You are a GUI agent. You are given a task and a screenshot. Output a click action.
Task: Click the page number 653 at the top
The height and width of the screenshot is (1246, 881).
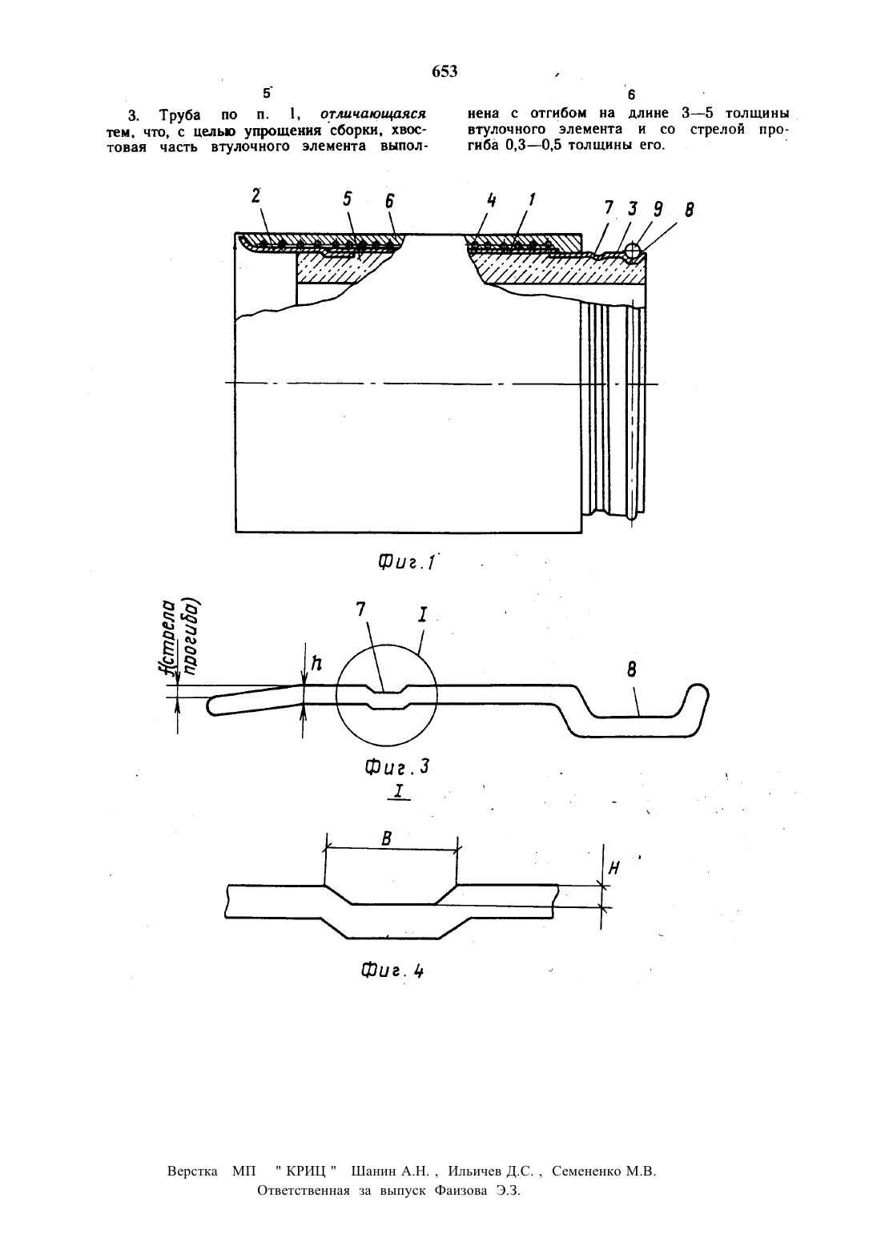tap(445, 72)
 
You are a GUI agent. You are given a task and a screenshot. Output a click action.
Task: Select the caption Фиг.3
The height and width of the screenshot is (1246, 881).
tap(397, 767)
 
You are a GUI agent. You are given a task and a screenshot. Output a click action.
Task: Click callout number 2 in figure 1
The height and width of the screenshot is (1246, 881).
tap(255, 196)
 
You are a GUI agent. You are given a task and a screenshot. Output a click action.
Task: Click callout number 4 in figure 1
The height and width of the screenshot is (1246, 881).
tap(491, 199)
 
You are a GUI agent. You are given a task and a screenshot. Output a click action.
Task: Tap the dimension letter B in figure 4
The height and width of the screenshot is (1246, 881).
tap(387, 838)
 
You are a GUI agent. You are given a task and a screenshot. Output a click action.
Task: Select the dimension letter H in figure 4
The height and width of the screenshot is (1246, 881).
tap(614, 868)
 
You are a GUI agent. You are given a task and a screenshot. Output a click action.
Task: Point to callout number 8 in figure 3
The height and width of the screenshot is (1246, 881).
tap(631, 670)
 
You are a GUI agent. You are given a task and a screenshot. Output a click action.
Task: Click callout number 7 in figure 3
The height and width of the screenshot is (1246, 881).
tap(361, 609)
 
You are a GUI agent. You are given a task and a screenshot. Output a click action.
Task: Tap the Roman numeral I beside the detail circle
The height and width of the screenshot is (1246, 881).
tap(423, 615)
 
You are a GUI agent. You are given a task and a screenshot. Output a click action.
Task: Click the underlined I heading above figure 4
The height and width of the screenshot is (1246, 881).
tap(398, 791)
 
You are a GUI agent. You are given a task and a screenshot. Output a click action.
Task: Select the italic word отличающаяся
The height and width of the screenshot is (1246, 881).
tap(373, 114)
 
